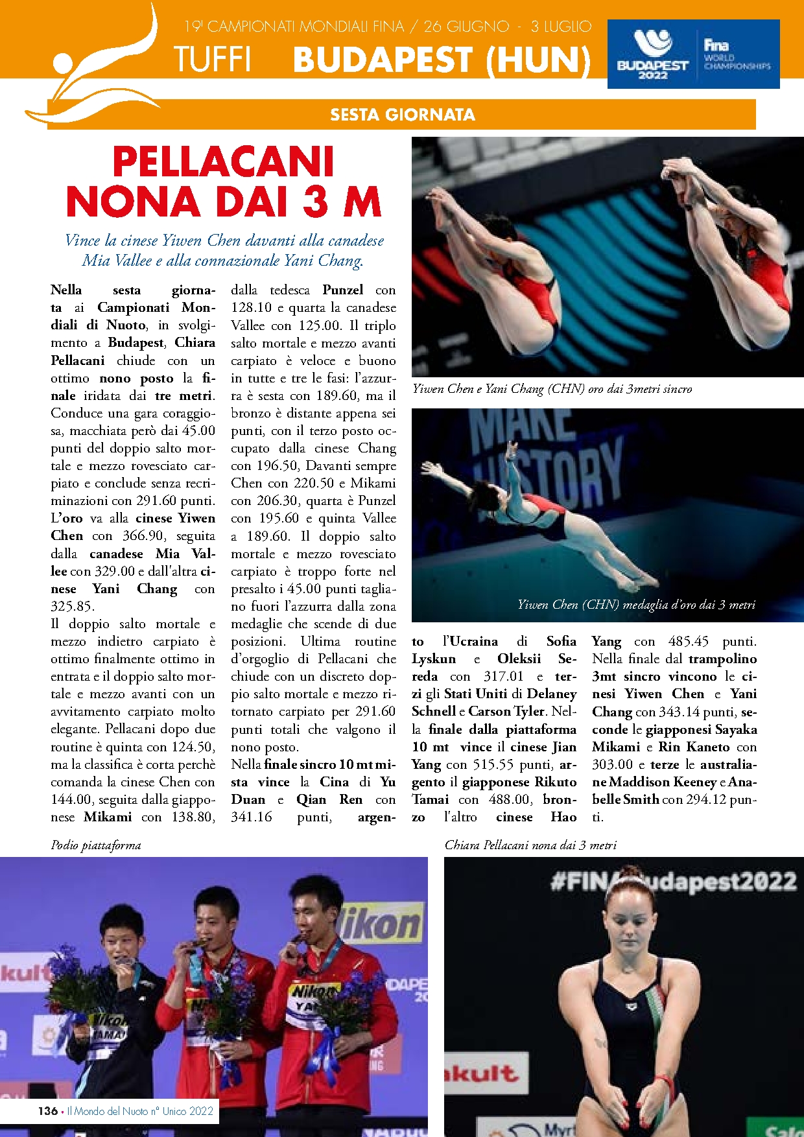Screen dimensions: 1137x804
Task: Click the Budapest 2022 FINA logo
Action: point(693,54)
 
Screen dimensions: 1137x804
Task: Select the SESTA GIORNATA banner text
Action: point(402,115)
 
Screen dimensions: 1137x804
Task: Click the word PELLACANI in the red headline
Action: point(224,161)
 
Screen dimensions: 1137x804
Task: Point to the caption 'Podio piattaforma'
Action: point(96,845)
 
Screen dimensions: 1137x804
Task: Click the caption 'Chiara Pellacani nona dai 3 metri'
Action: point(530,845)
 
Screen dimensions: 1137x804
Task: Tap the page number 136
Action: point(47,1111)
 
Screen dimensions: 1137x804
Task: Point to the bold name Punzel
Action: point(343,290)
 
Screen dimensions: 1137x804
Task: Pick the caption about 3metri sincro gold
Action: point(552,389)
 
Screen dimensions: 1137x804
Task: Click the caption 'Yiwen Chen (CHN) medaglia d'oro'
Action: point(635,605)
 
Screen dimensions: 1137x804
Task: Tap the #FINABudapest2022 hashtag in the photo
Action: point(673,882)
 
